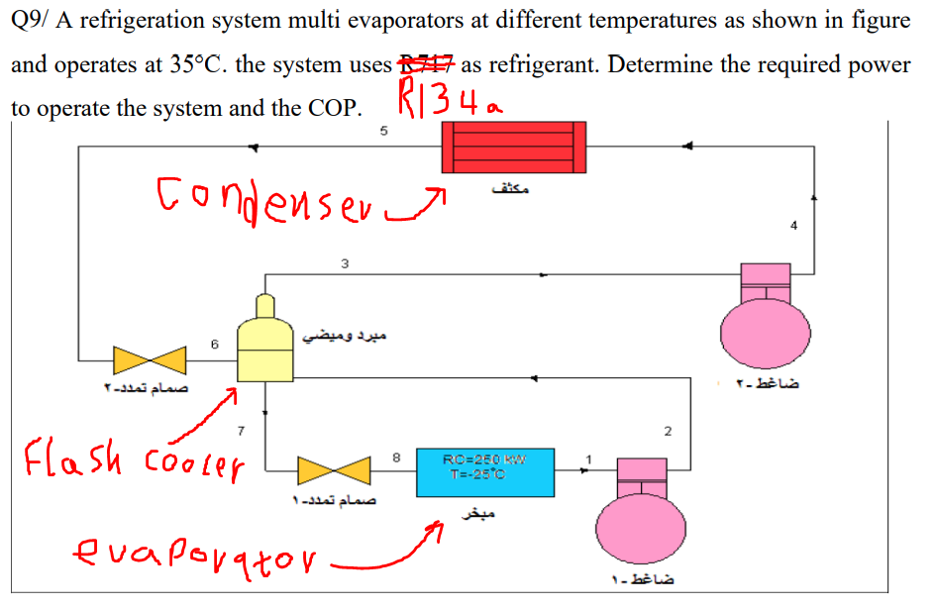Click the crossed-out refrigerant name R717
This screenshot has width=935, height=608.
pyautogui.click(x=424, y=65)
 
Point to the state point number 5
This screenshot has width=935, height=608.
pyautogui.click(x=383, y=131)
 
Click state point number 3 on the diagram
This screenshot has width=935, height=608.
pyautogui.click(x=345, y=263)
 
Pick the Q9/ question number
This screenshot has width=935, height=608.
pyautogui.click(x=32, y=21)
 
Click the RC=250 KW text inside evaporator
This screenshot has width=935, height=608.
pyautogui.click(x=484, y=457)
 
